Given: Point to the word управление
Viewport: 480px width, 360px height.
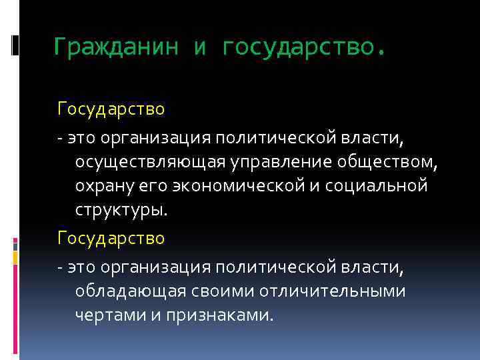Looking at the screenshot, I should [279, 162].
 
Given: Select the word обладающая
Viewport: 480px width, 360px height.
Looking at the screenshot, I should [131, 291].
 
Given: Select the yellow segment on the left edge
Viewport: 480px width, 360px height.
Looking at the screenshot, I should [15, 257].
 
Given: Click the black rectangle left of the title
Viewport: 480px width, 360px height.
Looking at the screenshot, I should [14, 45].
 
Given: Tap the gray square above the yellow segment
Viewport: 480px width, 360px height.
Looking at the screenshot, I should [15, 245].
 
